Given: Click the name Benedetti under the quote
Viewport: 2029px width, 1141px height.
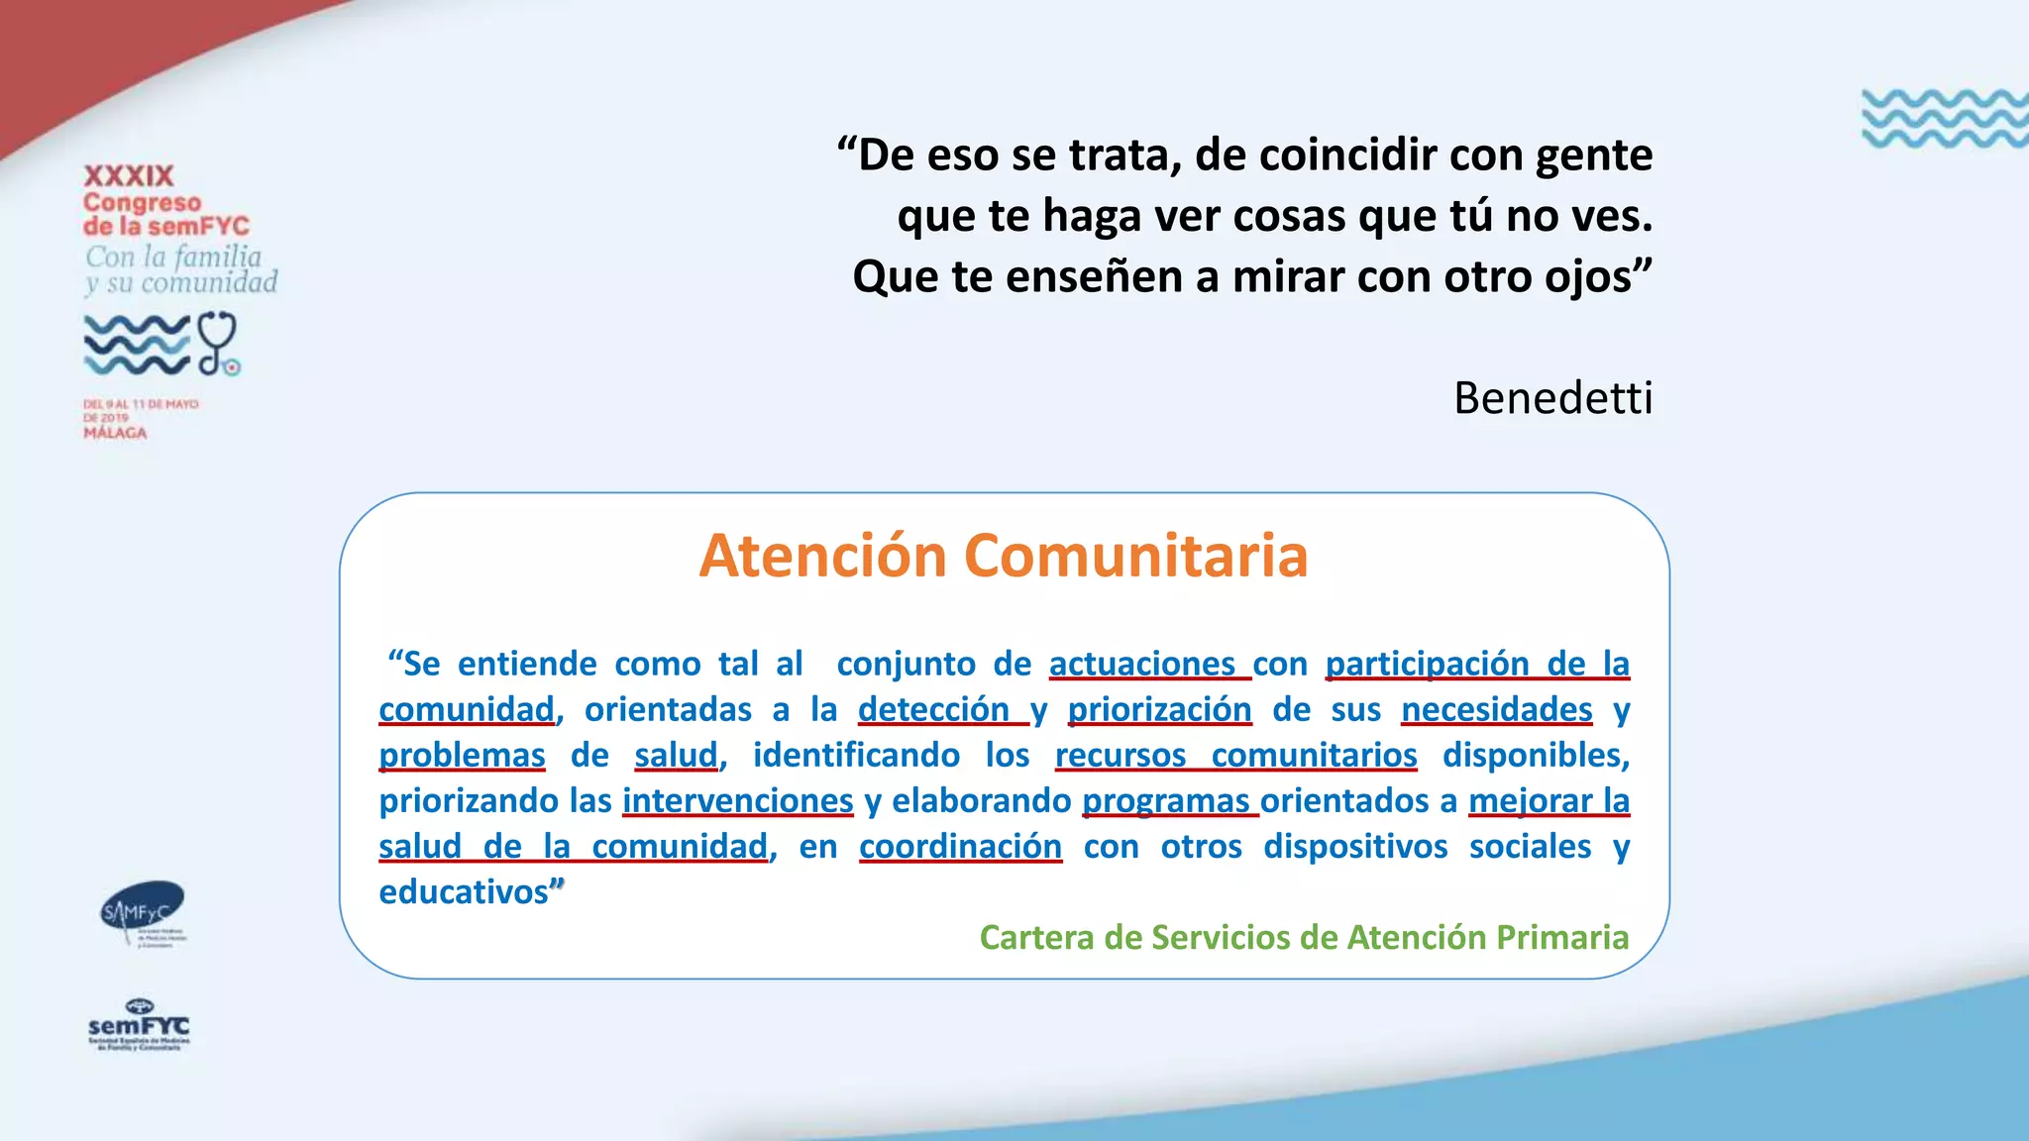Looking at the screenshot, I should pos(1552,398).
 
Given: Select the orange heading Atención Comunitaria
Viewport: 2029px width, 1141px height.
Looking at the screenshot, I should pos(1003,556).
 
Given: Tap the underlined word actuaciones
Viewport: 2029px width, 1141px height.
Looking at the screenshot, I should pos(1142,664).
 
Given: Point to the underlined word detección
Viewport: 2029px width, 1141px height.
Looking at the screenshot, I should pos(933,709).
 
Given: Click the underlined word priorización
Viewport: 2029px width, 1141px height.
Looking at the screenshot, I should pos(1159,709).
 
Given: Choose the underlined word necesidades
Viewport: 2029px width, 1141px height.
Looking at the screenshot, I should pos(1496,709).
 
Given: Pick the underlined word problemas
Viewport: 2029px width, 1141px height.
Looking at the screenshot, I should pos(462,755).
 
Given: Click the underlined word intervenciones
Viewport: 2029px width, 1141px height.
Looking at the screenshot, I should pos(737,800).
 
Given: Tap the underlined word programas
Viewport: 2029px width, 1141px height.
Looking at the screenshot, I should pos(1166,800).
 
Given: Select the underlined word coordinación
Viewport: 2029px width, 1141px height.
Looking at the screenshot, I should pos(960,847).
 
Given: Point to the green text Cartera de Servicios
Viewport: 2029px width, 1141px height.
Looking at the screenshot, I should pos(1304,937).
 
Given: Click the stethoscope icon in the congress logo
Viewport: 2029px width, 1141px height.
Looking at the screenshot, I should pos(218,343).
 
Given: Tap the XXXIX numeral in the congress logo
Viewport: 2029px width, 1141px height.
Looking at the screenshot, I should pos(129,176).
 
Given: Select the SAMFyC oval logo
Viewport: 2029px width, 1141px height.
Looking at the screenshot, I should pos(143,911).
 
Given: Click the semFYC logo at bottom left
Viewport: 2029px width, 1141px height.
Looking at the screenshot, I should pos(139,1026).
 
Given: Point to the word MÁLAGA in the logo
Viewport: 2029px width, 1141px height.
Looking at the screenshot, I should pos(115,433).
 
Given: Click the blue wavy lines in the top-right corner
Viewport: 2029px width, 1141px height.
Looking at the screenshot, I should pos(1944,119).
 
